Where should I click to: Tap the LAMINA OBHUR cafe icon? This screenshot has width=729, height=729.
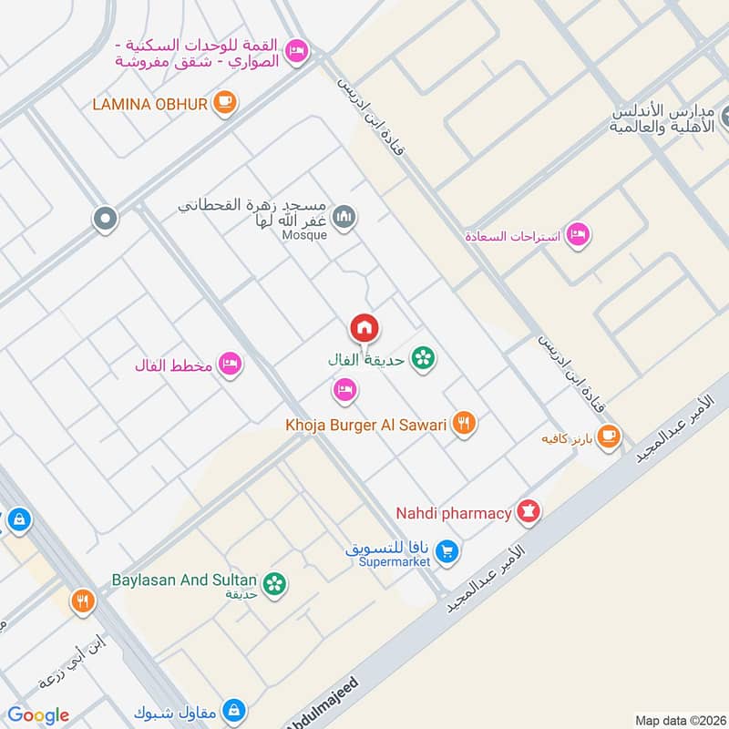coord(225,103)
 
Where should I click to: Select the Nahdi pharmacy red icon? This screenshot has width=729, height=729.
coord(528,513)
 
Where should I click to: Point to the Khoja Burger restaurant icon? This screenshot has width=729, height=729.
coord(465,424)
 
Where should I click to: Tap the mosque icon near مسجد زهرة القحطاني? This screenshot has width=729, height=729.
coord(344,217)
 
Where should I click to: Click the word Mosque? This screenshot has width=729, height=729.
coord(305,235)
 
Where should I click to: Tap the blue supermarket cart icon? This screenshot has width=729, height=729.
coord(447,551)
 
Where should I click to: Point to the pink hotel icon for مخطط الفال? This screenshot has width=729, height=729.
coord(230,365)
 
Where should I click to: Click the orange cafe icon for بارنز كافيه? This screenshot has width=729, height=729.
coord(609,437)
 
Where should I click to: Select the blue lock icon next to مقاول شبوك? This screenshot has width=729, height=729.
coord(234,708)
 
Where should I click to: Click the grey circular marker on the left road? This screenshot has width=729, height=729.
coord(106,219)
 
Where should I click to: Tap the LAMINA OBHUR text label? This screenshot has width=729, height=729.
coord(150,103)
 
